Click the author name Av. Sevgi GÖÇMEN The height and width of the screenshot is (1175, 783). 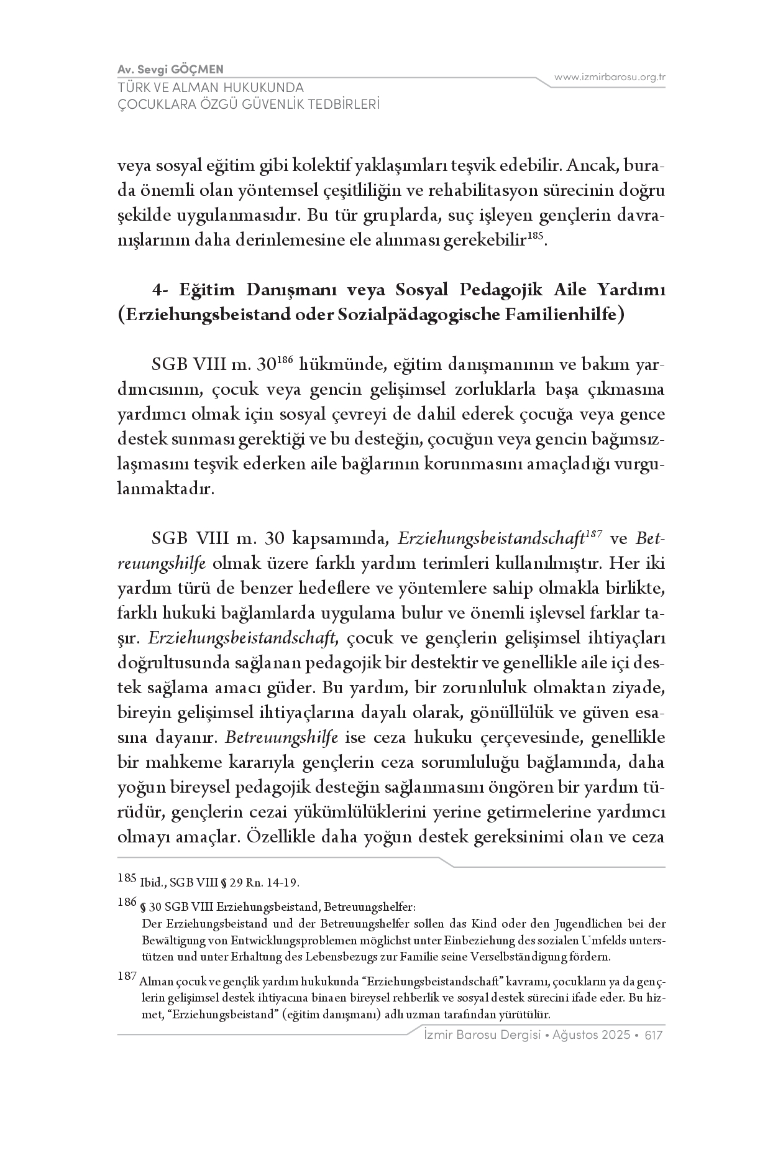170,68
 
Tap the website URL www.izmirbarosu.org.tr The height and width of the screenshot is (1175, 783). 610,77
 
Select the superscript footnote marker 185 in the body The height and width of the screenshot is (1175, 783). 536,236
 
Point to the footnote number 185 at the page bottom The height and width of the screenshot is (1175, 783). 127,878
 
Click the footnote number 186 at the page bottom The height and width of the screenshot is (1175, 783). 127,902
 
